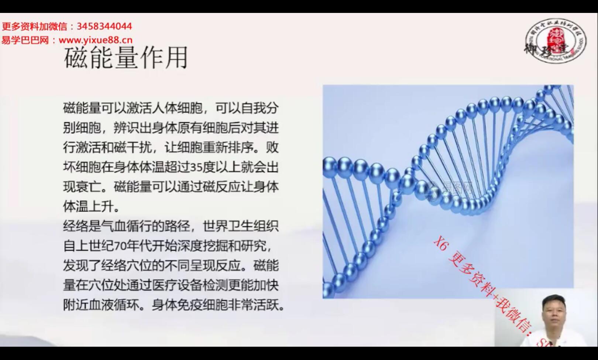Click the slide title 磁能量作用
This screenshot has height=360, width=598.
click(x=126, y=58)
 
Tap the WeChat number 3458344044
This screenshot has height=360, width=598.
click(x=104, y=27)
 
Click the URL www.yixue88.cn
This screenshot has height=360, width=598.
click(x=96, y=40)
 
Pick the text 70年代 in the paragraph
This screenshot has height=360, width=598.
click(x=133, y=246)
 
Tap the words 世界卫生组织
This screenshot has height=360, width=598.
click(x=241, y=226)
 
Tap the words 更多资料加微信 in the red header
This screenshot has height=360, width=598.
click(x=35, y=27)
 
